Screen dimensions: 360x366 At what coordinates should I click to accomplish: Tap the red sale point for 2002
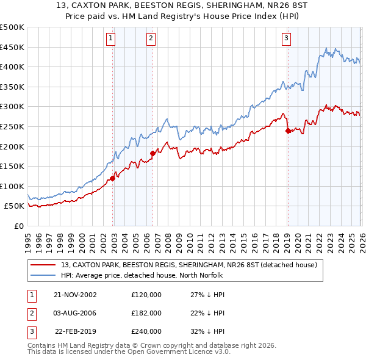113,178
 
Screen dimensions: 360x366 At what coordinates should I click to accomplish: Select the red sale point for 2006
152,154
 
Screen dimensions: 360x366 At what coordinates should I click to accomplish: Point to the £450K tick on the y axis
12,47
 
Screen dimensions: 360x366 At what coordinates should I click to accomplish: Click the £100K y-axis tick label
12,186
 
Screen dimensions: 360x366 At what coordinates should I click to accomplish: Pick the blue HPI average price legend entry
142,275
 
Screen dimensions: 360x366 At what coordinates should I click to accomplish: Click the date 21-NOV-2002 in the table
75,294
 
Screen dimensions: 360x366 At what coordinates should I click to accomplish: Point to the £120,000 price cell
146,294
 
